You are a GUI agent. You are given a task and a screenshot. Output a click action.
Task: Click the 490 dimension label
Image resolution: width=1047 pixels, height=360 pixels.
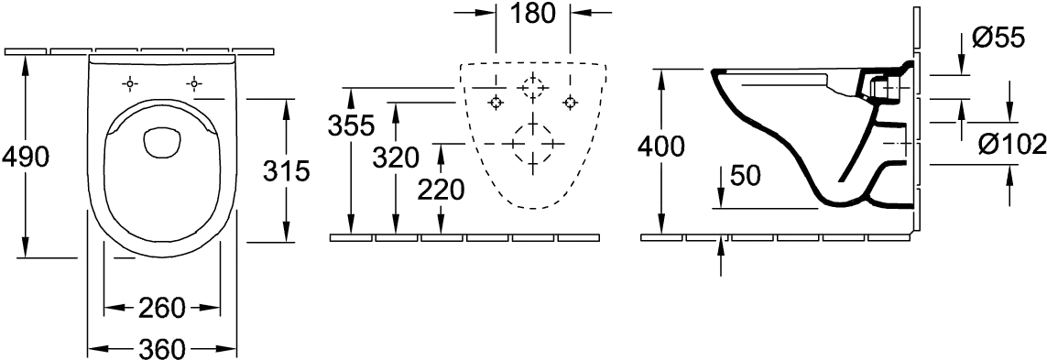tap(26, 158)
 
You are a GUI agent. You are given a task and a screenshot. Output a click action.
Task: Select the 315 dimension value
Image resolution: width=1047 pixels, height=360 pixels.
tap(286, 171)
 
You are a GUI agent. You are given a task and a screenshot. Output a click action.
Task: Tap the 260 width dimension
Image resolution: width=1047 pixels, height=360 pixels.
tap(161, 308)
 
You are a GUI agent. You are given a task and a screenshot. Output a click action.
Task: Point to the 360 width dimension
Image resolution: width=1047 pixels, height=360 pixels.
tap(161, 348)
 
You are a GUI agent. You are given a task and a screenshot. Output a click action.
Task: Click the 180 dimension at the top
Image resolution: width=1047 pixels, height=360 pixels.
tap(532, 14)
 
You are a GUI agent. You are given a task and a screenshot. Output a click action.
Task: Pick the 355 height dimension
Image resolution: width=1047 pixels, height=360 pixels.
tap(352, 125)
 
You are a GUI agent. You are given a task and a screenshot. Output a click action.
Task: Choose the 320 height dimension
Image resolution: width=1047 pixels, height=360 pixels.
tap(396, 158)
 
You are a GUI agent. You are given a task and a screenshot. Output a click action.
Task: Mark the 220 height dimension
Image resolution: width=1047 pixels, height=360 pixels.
tap(441, 191)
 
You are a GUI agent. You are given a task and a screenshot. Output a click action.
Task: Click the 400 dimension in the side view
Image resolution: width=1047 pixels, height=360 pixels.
tap(660, 147)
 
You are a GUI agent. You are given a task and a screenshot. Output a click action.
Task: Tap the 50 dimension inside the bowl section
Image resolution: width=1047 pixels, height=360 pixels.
tap(747, 175)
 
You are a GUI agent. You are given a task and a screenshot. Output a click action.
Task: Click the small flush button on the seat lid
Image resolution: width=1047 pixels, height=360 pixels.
tap(161, 143)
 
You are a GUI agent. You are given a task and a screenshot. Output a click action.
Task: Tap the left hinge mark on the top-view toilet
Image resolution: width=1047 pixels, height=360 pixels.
tap(130, 83)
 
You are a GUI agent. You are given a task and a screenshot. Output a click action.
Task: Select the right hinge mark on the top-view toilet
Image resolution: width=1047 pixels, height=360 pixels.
tap(193, 83)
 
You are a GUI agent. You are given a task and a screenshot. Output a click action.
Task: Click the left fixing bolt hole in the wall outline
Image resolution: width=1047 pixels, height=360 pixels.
tap(496, 103)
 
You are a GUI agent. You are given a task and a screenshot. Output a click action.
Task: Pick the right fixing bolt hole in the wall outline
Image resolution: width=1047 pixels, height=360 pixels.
tap(570, 103)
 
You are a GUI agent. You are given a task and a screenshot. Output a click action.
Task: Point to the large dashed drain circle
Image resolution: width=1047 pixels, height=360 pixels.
tap(532, 143)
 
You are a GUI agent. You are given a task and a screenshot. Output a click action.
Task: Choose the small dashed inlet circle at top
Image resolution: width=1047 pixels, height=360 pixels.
tap(532, 88)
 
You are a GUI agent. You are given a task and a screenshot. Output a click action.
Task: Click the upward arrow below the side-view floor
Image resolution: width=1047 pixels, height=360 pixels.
tap(721, 256)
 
